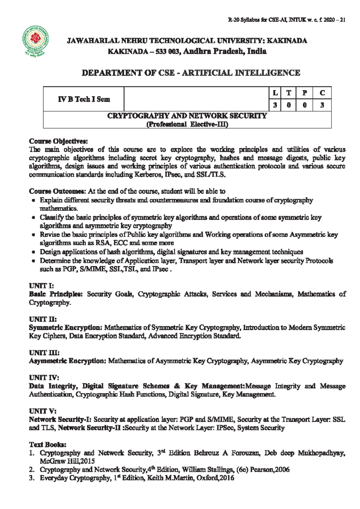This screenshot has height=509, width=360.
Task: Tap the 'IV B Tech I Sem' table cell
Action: (x=84, y=99)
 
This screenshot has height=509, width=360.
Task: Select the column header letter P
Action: (x=304, y=93)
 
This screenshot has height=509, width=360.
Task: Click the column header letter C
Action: (x=322, y=93)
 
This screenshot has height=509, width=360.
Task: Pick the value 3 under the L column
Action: (x=275, y=105)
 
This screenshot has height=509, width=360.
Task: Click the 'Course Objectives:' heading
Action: (x=58, y=141)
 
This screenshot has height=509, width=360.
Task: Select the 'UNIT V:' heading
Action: (x=43, y=411)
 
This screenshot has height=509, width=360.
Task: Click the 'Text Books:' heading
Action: (x=47, y=444)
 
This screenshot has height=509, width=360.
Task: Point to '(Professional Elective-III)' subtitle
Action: (x=187, y=124)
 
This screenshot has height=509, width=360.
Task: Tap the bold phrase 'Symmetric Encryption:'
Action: (x=66, y=327)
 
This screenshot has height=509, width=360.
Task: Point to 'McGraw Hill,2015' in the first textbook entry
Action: (x=67, y=461)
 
